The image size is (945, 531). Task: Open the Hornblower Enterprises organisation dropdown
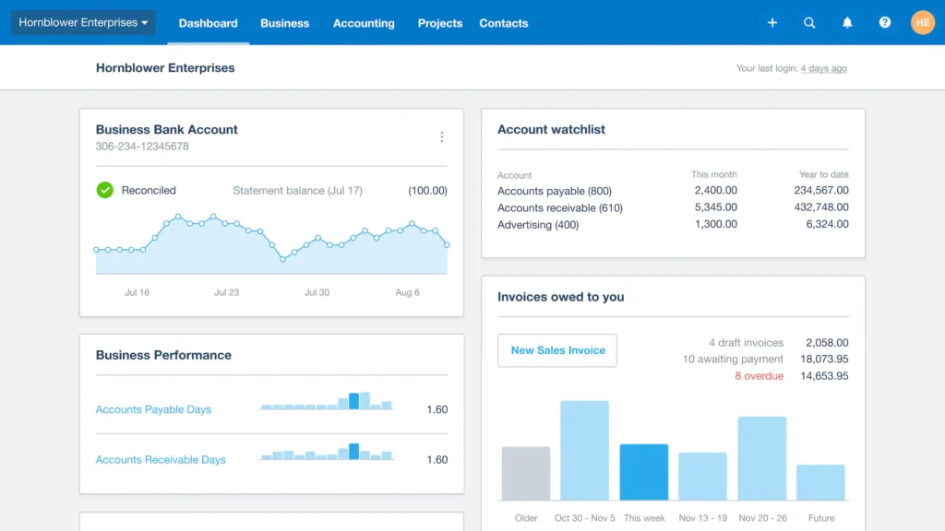(83, 23)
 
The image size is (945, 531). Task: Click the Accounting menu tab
(364, 23)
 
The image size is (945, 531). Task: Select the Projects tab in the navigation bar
(439, 23)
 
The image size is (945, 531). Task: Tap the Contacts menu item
(504, 23)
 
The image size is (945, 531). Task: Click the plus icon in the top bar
(772, 23)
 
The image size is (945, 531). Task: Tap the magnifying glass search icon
(809, 23)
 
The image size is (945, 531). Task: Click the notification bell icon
(847, 23)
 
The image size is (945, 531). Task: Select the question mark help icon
(885, 23)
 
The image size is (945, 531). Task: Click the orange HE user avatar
(922, 23)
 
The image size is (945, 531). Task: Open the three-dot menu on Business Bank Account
(441, 137)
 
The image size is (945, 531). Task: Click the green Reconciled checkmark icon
(105, 190)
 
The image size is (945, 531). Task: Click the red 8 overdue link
(759, 376)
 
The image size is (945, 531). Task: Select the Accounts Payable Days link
(153, 409)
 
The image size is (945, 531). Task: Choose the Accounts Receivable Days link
(161, 459)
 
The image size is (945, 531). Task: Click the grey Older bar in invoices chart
(526, 474)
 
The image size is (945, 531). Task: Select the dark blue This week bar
(644, 472)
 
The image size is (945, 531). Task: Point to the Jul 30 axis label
(317, 292)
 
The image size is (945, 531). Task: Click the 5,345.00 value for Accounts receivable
(715, 207)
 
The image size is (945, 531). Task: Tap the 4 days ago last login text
(823, 68)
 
